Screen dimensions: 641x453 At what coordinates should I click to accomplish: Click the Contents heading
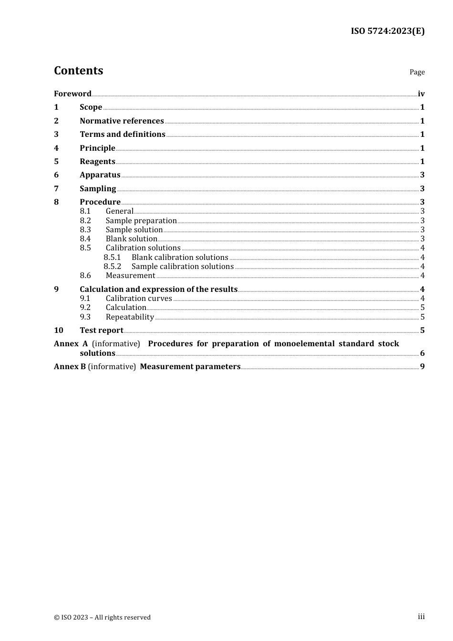click(78, 71)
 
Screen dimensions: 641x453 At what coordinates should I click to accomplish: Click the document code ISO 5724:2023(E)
click(387, 31)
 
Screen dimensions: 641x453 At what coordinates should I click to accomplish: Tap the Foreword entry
click(72, 93)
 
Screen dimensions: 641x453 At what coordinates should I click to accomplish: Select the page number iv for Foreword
click(421, 93)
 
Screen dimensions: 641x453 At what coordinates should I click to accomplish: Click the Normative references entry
click(122, 121)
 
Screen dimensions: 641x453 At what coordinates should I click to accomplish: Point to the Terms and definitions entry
click(122, 134)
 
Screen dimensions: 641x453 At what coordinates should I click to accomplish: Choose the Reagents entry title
click(97, 161)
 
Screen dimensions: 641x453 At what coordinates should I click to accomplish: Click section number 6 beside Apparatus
click(56, 175)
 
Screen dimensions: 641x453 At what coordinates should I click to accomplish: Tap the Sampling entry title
click(98, 188)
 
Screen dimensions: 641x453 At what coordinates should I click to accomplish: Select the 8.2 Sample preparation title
click(141, 220)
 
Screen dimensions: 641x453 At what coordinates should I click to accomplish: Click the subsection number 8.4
click(85, 238)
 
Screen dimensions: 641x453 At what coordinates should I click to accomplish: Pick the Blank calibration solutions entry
click(180, 257)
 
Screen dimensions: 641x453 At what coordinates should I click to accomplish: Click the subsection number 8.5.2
click(113, 266)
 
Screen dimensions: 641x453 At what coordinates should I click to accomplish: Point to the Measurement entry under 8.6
click(130, 275)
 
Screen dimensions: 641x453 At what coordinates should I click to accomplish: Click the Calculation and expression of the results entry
click(158, 289)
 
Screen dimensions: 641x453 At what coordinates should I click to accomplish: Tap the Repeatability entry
click(130, 317)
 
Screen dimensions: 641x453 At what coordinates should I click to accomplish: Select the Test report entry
click(102, 330)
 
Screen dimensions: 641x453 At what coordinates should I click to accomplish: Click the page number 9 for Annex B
click(422, 366)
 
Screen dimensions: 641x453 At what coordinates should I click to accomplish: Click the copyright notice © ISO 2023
click(102, 617)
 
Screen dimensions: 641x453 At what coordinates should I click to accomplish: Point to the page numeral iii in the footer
click(421, 617)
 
